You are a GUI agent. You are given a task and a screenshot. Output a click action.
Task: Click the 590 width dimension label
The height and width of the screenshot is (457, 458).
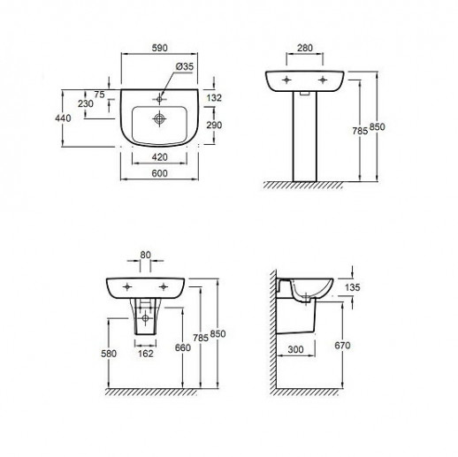click(159, 48)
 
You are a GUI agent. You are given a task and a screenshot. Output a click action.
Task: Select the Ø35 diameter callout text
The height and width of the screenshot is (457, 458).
click(185, 66)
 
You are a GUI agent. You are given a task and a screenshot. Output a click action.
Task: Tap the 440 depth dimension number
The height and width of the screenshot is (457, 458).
click(63, 118)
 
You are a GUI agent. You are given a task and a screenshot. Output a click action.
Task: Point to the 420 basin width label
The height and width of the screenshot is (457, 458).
click(159, 157)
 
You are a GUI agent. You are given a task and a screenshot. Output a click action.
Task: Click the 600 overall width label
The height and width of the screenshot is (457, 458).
click(159, 173)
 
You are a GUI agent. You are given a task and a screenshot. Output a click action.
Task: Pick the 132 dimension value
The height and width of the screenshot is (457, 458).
click(214, 97)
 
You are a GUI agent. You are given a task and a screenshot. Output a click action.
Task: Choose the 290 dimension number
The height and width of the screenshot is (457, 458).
click(214, 126)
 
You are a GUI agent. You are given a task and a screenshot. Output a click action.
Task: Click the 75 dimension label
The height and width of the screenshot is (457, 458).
click(99, 95)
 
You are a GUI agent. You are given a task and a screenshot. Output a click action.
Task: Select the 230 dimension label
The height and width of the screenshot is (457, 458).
click(86, 103)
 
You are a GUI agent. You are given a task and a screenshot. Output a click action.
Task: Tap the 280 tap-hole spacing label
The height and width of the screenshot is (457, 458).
click(305, 48)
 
